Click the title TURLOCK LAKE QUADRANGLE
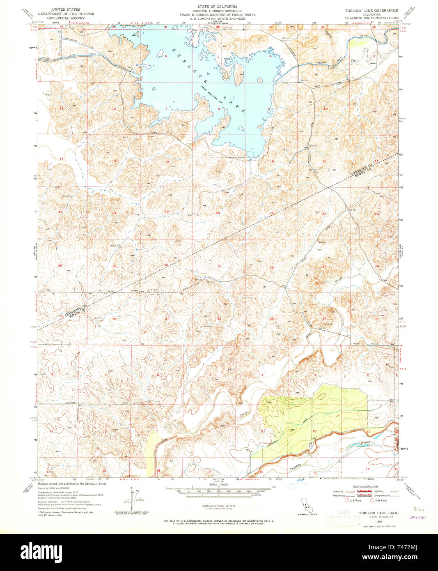tap(371, 10)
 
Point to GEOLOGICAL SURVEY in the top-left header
tap(66, 18)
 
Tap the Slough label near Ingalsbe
tap(365, 443)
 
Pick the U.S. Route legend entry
tap(354, 500)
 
